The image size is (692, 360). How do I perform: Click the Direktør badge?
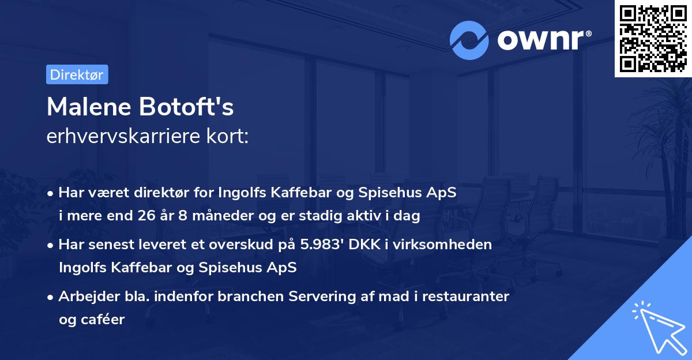click(x=77, y=74)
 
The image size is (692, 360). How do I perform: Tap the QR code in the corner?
click(x=653, y=38)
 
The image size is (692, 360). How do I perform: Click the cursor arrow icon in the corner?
click(x=659, y=327)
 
